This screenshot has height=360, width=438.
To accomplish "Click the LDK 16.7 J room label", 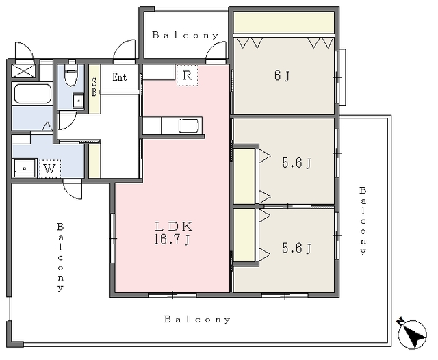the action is (x=173, y=233).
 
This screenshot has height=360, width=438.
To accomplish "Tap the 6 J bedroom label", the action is (x=282, y=76).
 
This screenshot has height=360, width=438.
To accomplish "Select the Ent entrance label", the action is (x=120, y=77).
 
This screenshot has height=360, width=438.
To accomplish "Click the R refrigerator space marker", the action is (x=187, y=75).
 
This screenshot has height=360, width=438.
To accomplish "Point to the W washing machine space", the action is (x=50, y=168).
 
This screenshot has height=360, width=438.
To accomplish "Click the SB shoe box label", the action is (x=94, y=87).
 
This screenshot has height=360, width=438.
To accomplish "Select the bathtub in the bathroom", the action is (x=33, y=94).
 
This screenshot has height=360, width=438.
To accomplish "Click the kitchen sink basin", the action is (x=189, y=126).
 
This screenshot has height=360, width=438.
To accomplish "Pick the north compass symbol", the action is (x=412, y=333).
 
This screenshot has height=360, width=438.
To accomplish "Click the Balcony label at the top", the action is (x=185, y=35).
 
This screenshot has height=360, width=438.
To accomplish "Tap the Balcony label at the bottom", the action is (x=197, y=319).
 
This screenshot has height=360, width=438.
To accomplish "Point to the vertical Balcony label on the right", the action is (x=363, y=220).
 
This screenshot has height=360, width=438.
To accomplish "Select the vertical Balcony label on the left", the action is (x=60, y=257).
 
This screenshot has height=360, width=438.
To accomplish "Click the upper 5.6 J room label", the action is (x=296, y=162).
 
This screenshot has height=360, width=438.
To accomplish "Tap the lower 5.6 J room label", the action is (x=296, y=248).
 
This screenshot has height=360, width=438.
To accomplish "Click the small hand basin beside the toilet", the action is (x=79, y=101).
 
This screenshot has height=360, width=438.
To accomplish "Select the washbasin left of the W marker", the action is (x=25, y=168).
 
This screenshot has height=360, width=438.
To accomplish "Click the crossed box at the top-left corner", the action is (x=23, y=71).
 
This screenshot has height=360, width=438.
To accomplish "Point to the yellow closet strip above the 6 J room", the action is (x=284, y=23).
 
